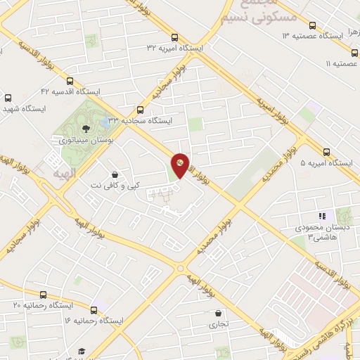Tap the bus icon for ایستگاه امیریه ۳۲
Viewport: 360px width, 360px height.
click(x=174, y=38)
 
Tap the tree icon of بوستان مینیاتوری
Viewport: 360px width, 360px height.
click(x=86, y=128)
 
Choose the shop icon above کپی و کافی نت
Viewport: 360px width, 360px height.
click(x=115, y=174)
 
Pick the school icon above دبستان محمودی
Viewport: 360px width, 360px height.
click(x=322, y=216)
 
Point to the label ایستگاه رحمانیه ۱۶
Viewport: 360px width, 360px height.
click(x=93, y=321)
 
